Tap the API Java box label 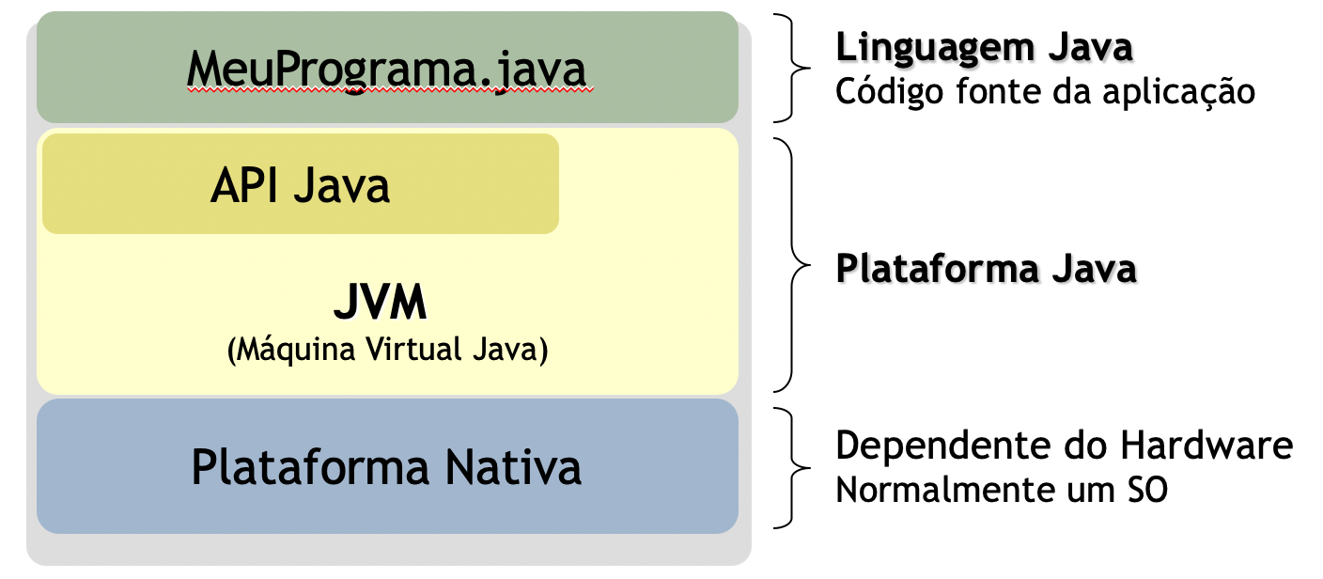click(300, 186)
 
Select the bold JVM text click(380, 304)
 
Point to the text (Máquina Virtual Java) click(386, 351)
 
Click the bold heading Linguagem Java click(984, 47)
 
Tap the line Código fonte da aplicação click(1045, 92)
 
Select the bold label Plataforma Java click(986, 269)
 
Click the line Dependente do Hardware click(1064, 446)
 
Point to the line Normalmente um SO click(1002, 490)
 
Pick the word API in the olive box click(241, 186)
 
